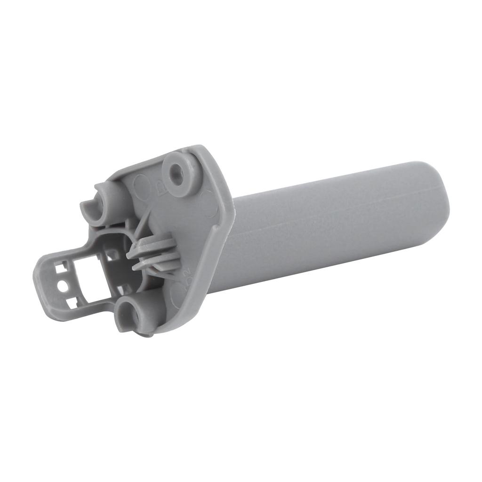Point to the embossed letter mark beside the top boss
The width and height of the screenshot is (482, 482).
tap(159, 189)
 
